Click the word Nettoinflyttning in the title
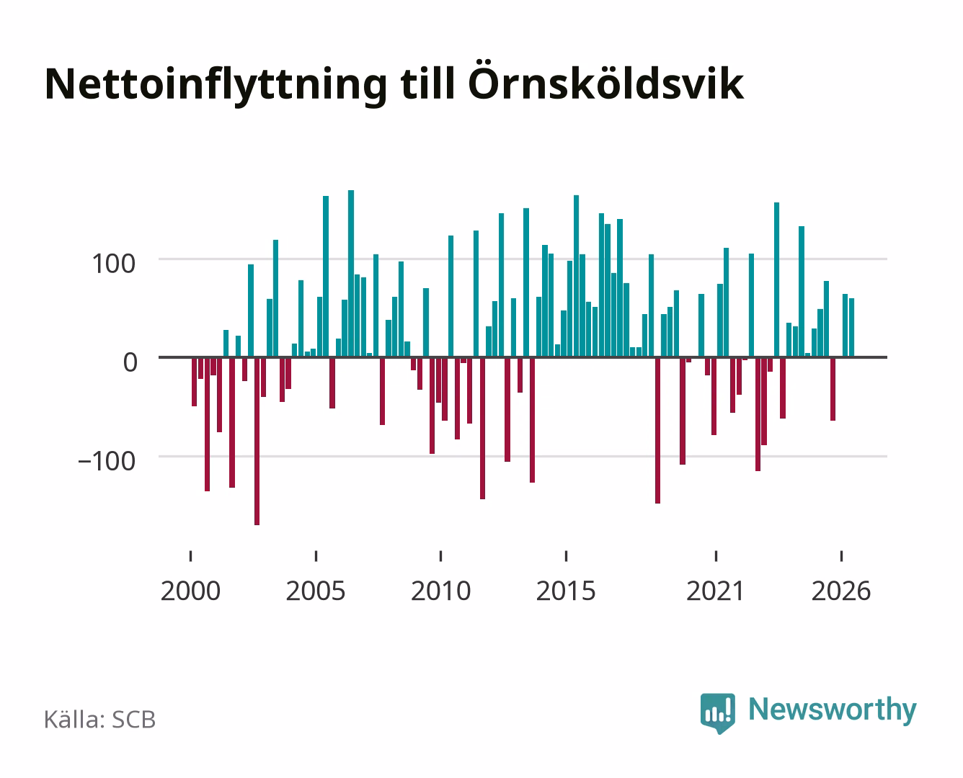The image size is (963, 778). (216, 86)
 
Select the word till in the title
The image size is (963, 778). (427, 83)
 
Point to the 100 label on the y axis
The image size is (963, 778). (113, 264)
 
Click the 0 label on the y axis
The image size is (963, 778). (130, 362)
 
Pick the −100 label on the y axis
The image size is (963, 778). (107, 461)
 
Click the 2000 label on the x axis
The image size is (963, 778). (190, 591)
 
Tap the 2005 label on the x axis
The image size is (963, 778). (316, 591)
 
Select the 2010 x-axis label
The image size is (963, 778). (441, 591)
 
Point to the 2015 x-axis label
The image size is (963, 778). (566, 591)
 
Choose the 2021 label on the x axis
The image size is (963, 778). (715, 591)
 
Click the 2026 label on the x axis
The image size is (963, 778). (841, 591)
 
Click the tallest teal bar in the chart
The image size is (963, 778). (351, 273)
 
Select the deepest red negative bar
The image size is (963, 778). (257, 441)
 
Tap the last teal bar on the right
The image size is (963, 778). (851, 328)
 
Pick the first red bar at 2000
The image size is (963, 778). (195, 382)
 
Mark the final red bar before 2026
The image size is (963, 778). (833, 389)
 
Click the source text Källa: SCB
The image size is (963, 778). (100, 720)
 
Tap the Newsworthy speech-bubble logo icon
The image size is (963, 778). (717, 713)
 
